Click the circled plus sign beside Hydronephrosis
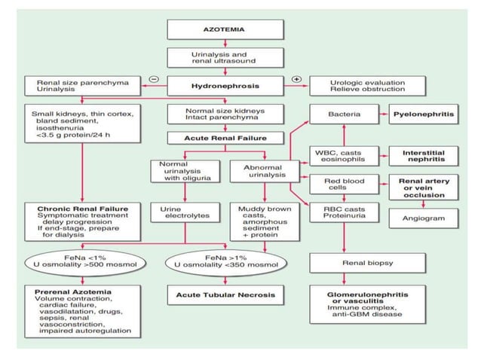[x=297, y=79]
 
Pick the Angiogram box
[x=424, y=218]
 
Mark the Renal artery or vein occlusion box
[x=424, y=186]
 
